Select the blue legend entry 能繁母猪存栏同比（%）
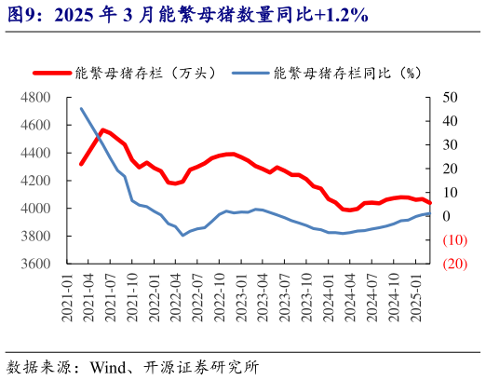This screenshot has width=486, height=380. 344,72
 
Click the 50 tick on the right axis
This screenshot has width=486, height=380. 450,98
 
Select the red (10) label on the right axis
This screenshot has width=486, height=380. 454,240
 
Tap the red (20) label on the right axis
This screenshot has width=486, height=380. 454,265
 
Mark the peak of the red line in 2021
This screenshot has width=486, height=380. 102,130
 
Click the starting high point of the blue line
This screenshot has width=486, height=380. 81,108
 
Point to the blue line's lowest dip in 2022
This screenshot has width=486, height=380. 182,235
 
